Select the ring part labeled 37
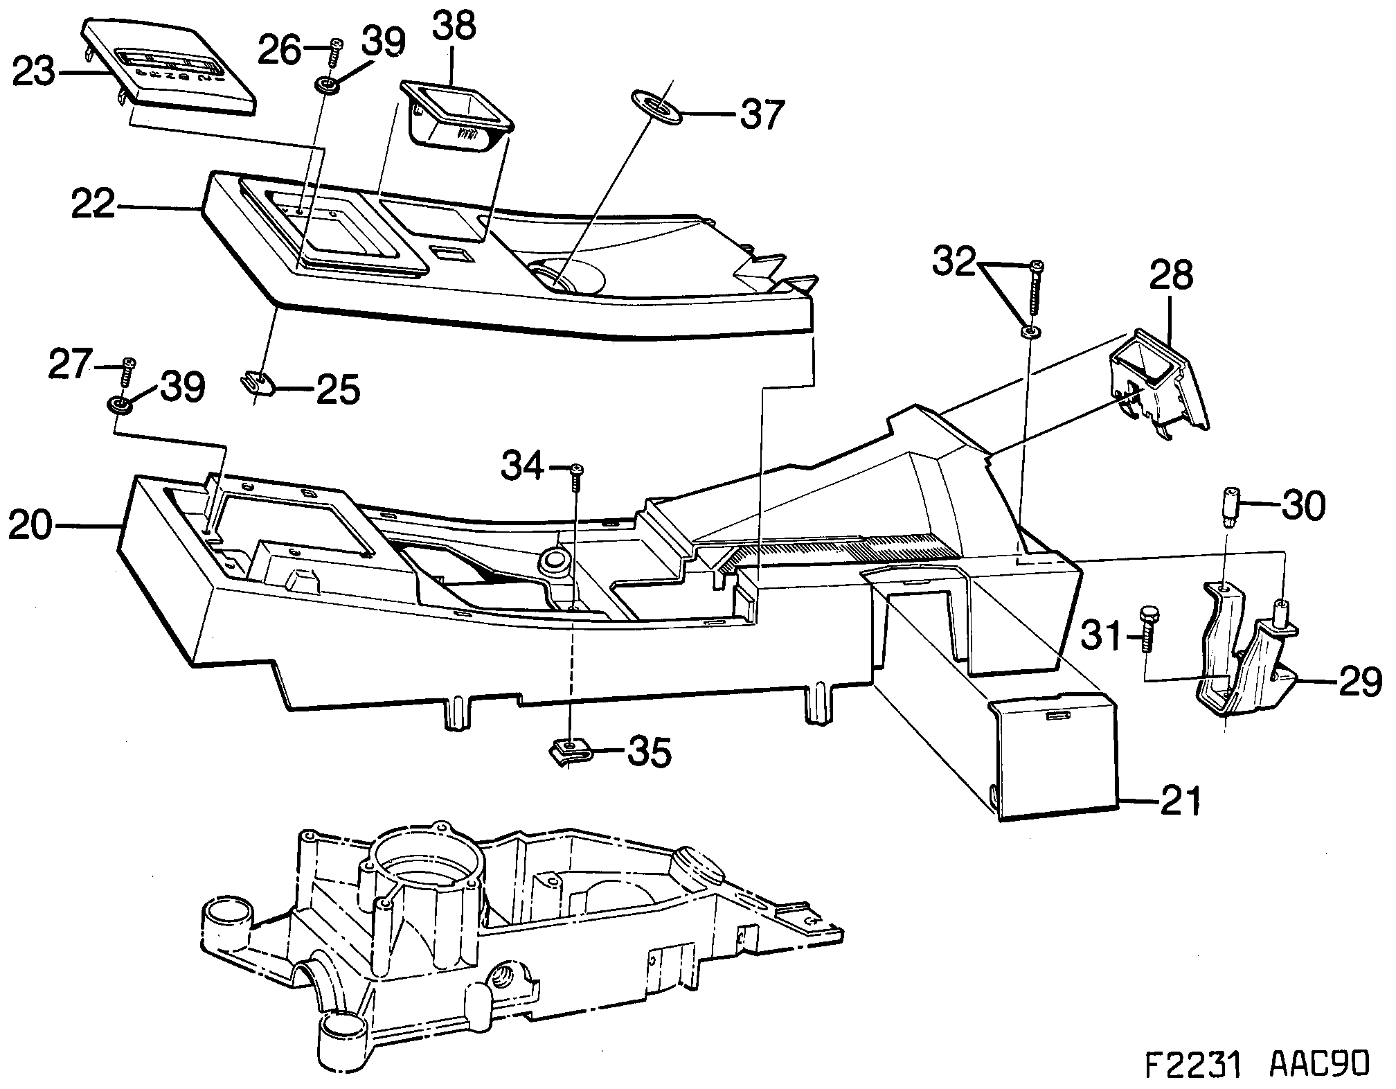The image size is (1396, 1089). click(656, 109)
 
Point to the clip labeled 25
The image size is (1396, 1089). click(259, 382)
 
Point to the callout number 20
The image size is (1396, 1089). click(30, 526)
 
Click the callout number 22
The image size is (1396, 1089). click(93, 204)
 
